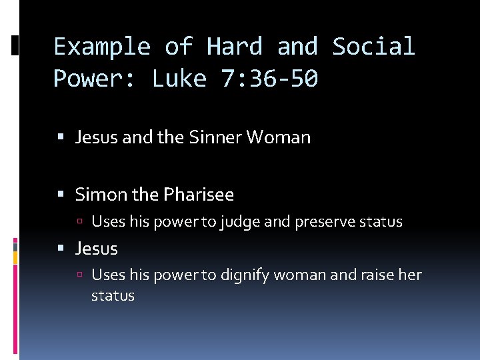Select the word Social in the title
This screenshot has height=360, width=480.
click(373, 47)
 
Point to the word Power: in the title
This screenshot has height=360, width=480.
click(94, 79)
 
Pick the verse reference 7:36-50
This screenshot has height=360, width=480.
click(269, 79)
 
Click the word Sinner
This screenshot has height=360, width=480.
click(215, 138)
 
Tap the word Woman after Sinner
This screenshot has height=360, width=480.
click(278, 138)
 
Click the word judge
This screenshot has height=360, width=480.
click(239, 222)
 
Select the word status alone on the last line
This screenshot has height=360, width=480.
click(113, 295)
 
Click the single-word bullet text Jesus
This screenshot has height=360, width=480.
click(97, 249)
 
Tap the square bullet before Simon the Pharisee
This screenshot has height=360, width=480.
click(62, 195)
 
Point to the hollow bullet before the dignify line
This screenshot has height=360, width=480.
click(80, 275)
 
